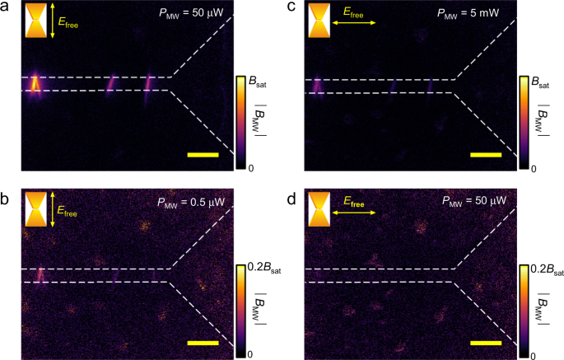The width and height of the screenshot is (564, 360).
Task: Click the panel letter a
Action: tap(5, 7)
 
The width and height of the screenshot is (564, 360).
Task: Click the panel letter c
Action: tap(292, 7)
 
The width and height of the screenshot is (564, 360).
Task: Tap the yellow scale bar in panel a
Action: tap(203, 154)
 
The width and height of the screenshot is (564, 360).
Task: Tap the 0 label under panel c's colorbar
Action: tap(534, 168)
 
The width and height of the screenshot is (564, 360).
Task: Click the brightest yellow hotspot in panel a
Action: tap(35, 82)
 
